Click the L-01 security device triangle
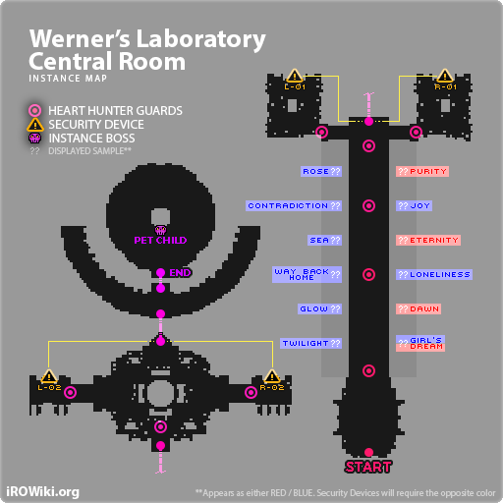[x=295, y=76]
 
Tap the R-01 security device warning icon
[x=445, y=76]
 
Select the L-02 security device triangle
[x=49, y=376]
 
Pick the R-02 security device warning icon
[x=272, y=376]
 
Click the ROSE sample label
[x=321, y=171]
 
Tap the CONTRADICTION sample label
[x=294, y=205]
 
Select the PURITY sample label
[x=422, y=171]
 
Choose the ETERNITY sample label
[x=428, y=240]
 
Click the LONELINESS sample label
[x=434, y=274]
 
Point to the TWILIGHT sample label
[x=310, y=343]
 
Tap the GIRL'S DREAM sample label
[x=420, y=344]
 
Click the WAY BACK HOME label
[x=307, y=274]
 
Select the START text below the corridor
[x=368, y=467]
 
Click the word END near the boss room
[x=180, y=273]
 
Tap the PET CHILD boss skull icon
[x=160, y=230]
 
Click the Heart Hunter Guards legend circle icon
[x=35, y=111]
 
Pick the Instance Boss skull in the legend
[x=35, y=138]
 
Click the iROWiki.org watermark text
[x=42, y=492]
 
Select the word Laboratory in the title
[x=200, y=39]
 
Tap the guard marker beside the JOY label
[x=368, y=205]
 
